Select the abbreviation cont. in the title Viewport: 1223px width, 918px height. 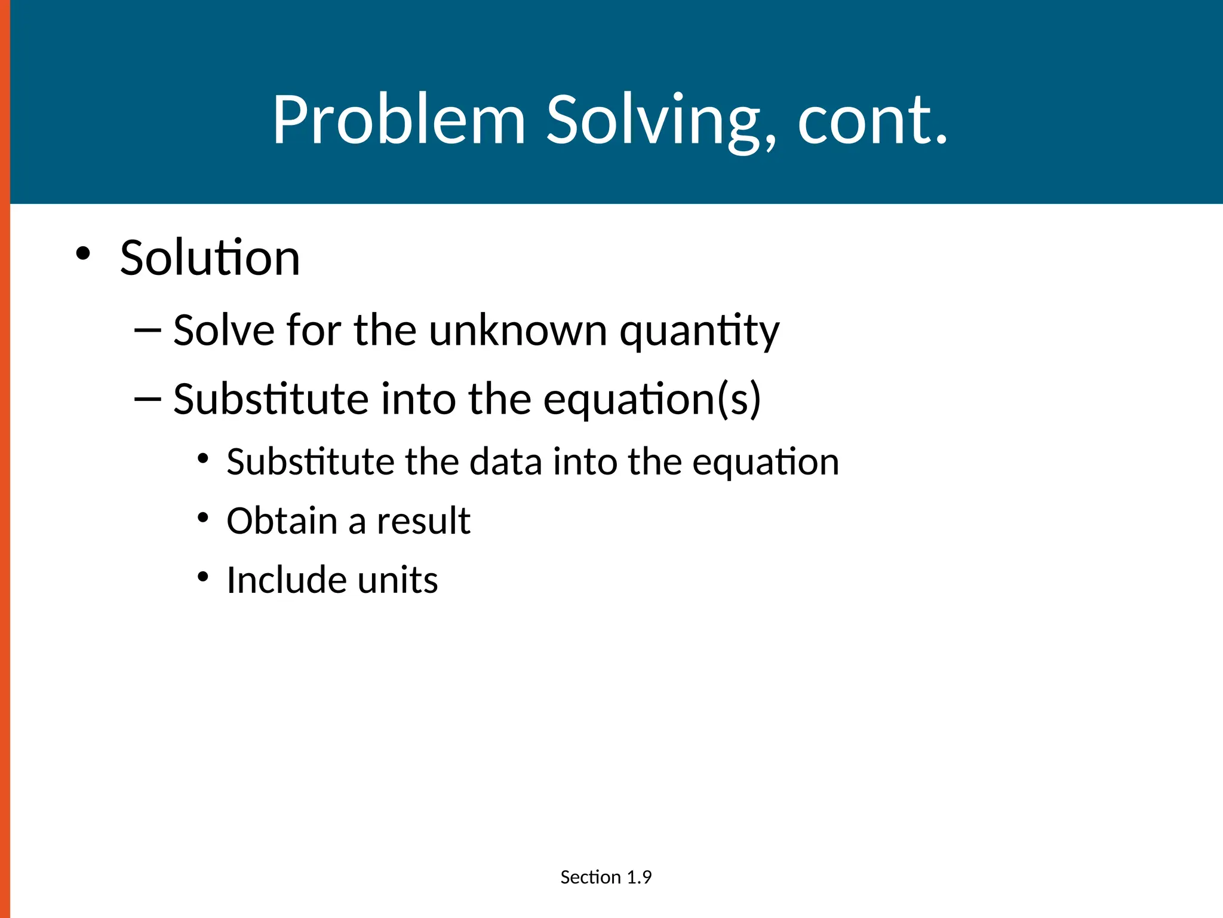pyautogui.click(x=872, y=121)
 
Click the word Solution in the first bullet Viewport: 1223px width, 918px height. pyautogui.click(x=210, y=258)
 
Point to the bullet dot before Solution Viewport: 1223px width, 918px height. pyautogui.click(x=83, y=253)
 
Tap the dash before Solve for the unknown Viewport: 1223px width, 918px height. pyautogui.click(x=148, y=331)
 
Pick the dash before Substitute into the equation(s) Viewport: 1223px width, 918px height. pyautogui.click(x=148, y=399)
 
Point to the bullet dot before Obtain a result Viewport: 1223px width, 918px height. pyautogui.click(x=203, y=517)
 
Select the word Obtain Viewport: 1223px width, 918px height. pyautogui.click(x=281, y=521)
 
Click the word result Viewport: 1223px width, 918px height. pyautogui.click(x=423, y=521)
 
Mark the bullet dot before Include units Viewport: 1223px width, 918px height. pyautogui.click(x=203, y=577)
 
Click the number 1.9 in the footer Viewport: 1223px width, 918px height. pyautogui.click(x=639, y=877)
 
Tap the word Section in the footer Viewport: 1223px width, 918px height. pyautogui.click(x=591, y=877)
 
